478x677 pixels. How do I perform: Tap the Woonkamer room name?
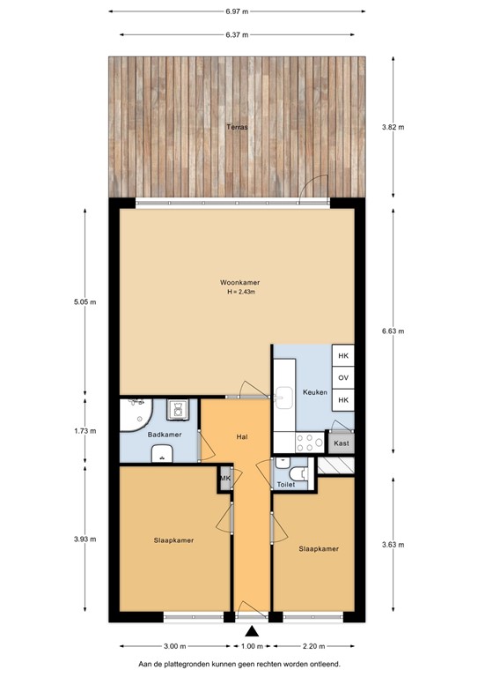(x=239, y=282)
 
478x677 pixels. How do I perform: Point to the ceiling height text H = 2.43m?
(x=239, y=292)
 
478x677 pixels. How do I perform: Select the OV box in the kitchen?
(x=343, y=377)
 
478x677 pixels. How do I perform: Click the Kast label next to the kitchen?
(x=342, y=443)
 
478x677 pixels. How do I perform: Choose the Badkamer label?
(x=164, y=435)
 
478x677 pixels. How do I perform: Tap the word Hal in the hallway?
(x=240, y=436)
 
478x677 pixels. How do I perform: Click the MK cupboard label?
(x=224, y=479)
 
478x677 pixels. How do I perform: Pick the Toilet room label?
(x=286, y=485)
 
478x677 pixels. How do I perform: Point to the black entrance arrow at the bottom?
(x=253, y=631)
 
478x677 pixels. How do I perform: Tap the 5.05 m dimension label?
(x=85, y=301)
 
